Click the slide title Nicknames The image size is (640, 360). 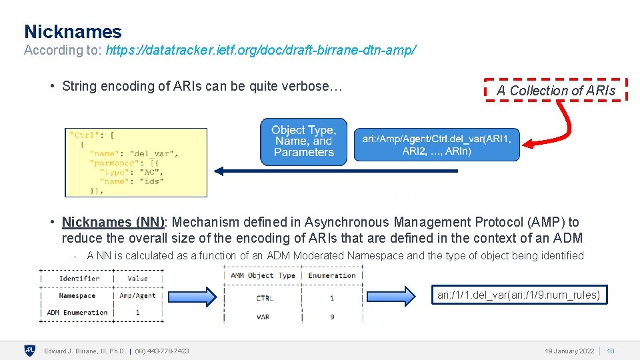point(73,31)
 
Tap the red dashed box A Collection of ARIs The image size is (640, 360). point(555,90)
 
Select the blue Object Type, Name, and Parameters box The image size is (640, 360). point(303,141)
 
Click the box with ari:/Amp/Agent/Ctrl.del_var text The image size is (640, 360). point(436,145)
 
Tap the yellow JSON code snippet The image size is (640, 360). point(136,162)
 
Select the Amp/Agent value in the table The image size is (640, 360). point(137,295)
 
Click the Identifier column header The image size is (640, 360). point(79,278)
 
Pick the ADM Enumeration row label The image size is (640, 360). point(77,312)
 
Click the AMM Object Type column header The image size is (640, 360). point(263,275)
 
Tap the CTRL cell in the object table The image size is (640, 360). point(264,298)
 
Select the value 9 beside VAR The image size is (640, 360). point(332,317)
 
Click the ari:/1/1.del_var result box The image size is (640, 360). point(519,295)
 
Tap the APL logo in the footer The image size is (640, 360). point(30,351)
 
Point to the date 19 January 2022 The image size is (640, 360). point(569,351)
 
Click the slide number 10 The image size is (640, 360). point(610,351)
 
